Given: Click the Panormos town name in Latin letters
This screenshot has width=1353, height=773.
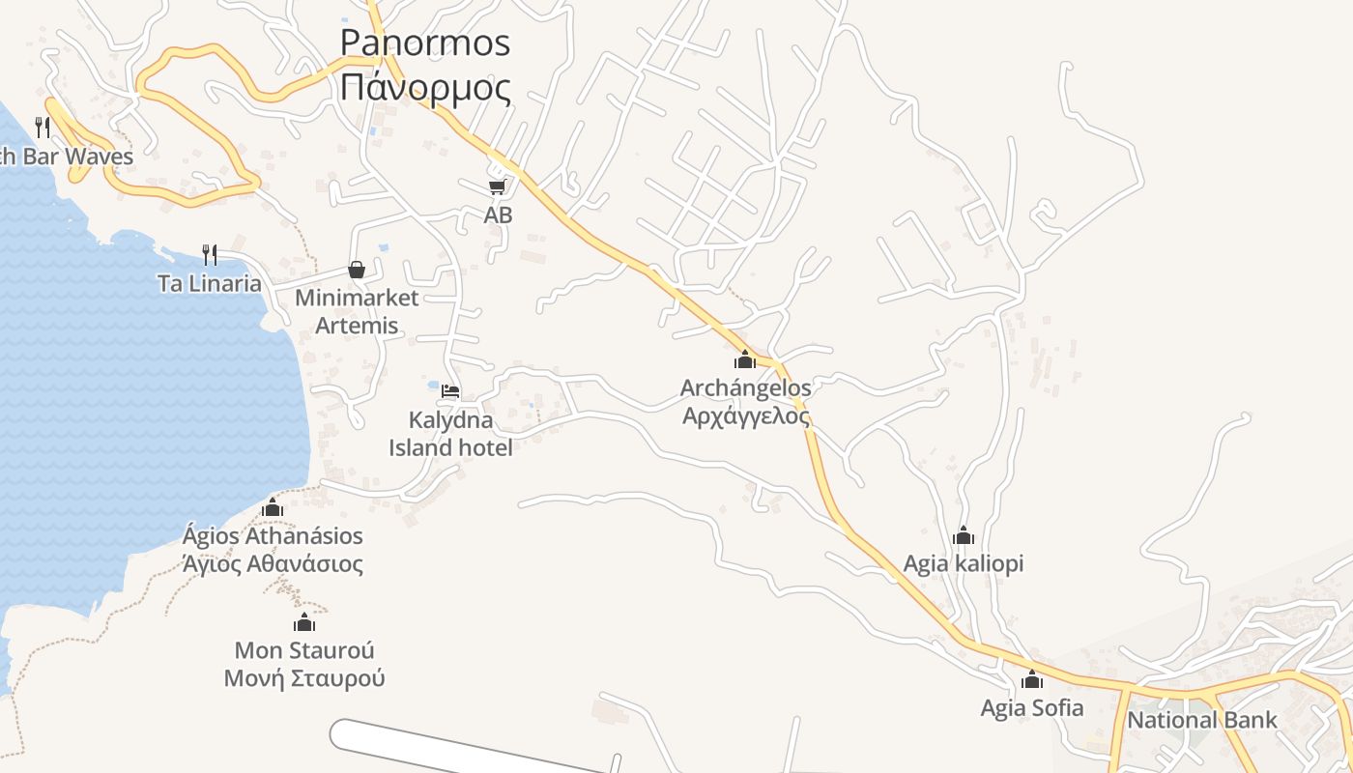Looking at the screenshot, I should pyautogui.click(x=424, y=43).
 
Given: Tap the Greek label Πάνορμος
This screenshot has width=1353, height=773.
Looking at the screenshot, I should pyautogui.click(x=425, y=88).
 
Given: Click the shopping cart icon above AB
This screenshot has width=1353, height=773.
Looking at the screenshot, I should pyautogui.click(x=497, y=186).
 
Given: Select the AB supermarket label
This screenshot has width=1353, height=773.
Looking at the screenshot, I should pyautogui.click(x=498, y=215).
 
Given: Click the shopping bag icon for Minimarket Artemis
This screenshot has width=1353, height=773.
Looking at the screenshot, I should pyautogui.click(x=357, y=270).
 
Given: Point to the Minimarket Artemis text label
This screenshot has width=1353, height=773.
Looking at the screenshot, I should pyautogui.click(x=357, y=311).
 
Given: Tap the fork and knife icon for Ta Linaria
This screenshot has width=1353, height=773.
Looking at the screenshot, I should pyautogui.click(x=209, y=254).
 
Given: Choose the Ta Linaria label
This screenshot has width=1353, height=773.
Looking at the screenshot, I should pyautogui.click(x=210, y=283).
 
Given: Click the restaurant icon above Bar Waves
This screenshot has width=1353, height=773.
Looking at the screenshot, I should pyautogui.click(x=43, y=127).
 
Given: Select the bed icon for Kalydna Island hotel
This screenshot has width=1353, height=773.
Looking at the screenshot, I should pyautogui.click(x=450, y=391).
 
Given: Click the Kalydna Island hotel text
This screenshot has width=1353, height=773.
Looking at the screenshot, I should pyautogui.click(x=450, y=434).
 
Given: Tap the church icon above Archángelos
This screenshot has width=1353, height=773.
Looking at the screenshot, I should pyautogui.click(x=745, y=359).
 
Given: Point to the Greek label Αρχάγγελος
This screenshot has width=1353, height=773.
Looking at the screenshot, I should pyautogui.click(x=745, y=416).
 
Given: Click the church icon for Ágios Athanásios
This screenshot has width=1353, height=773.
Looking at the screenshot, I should pyautogui.click(x=273, y=507).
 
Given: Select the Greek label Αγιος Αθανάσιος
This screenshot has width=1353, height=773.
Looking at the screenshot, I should pyautogui.click(x=273, y=564).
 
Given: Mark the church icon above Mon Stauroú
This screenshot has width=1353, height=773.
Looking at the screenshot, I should pyautogui.click(x=304, y=622).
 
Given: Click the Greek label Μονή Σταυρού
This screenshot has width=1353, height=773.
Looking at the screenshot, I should pyautogui.click(x=304, y=678).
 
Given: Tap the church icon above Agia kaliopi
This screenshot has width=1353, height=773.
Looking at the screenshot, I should pyautogui.click(x=964, y=535).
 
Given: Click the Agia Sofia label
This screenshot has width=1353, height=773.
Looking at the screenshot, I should pyautogui.click(x=1032, y=708).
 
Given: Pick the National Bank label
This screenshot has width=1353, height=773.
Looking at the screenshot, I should pyautogui.click(x=1202, y=720).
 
